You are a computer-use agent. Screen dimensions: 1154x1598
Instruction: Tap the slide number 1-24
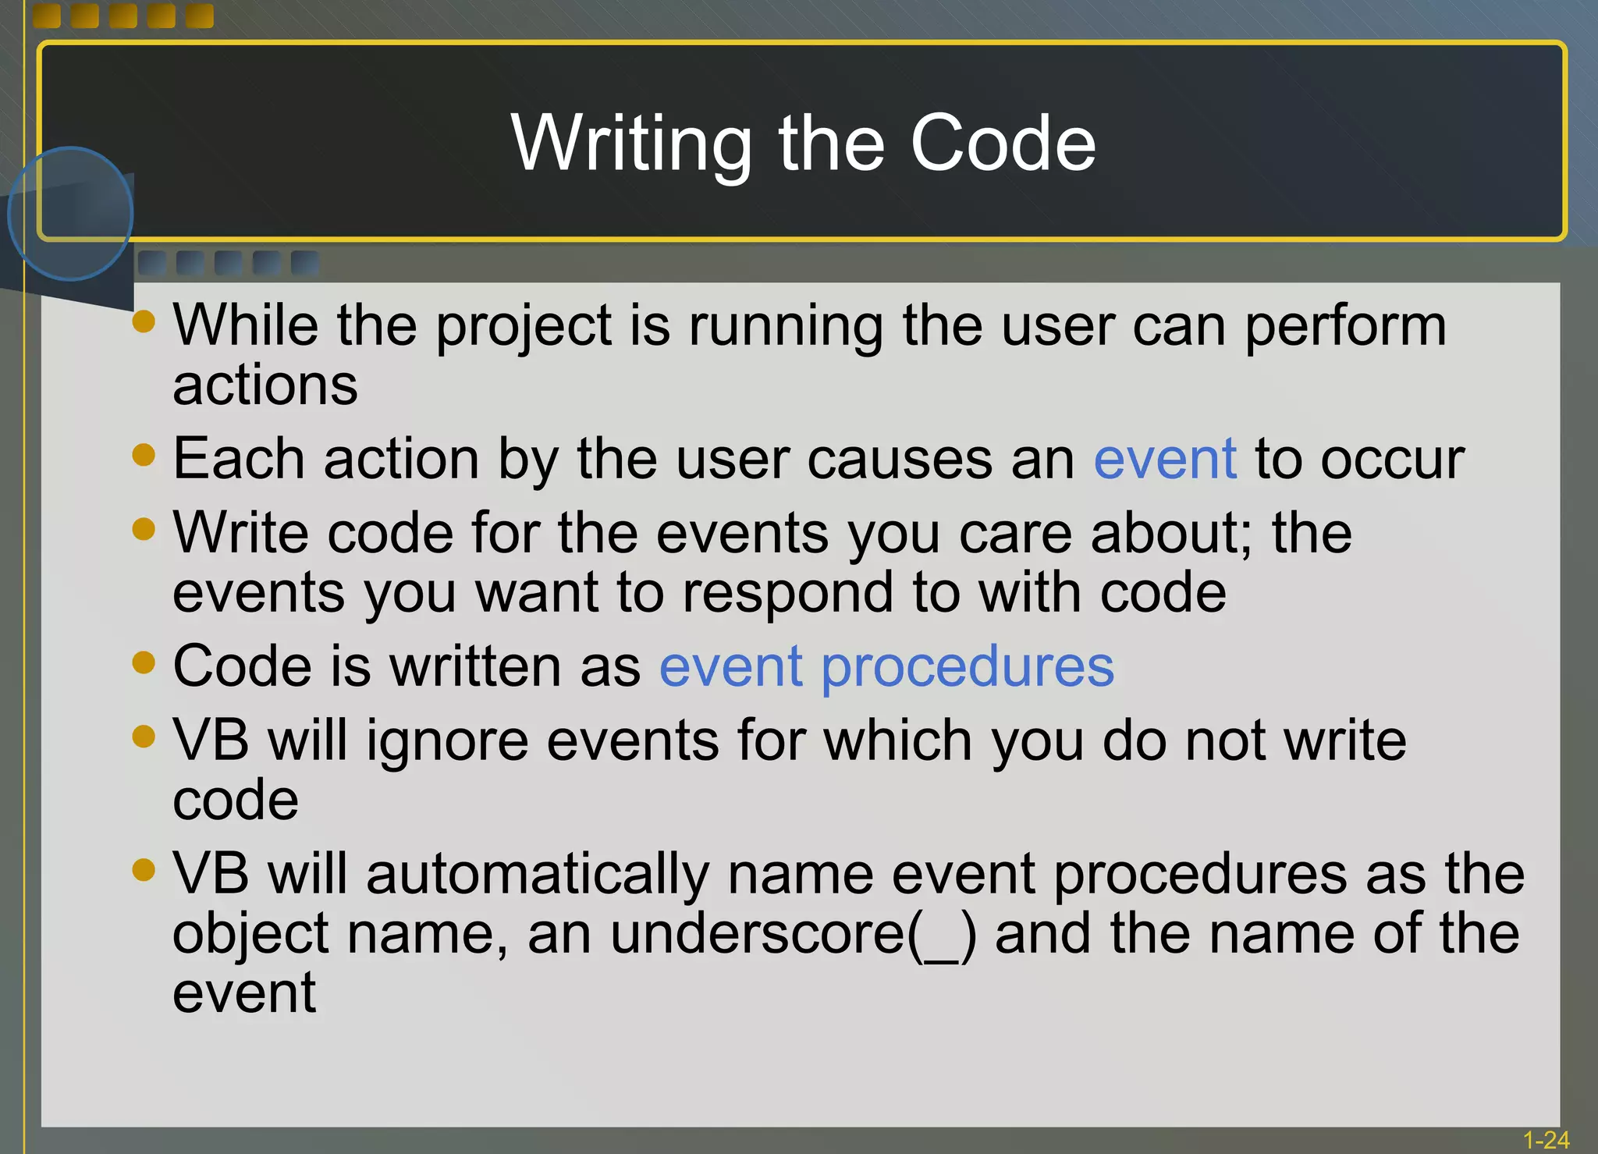(1546, 1140)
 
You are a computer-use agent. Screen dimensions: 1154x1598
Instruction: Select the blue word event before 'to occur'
(1165, 459)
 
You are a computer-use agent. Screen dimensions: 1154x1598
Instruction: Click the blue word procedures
(968, 668)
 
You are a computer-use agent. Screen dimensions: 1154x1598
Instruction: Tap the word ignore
(447, 741)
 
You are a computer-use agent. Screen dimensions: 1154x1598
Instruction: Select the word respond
(788, 593)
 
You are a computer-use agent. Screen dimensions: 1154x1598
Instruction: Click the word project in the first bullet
(524, 326)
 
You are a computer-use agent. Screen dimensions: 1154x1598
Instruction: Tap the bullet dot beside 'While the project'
(144, 321)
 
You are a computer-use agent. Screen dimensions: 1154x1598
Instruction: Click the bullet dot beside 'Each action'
(144, 454)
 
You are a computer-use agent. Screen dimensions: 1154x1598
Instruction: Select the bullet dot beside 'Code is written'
(144, 662)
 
